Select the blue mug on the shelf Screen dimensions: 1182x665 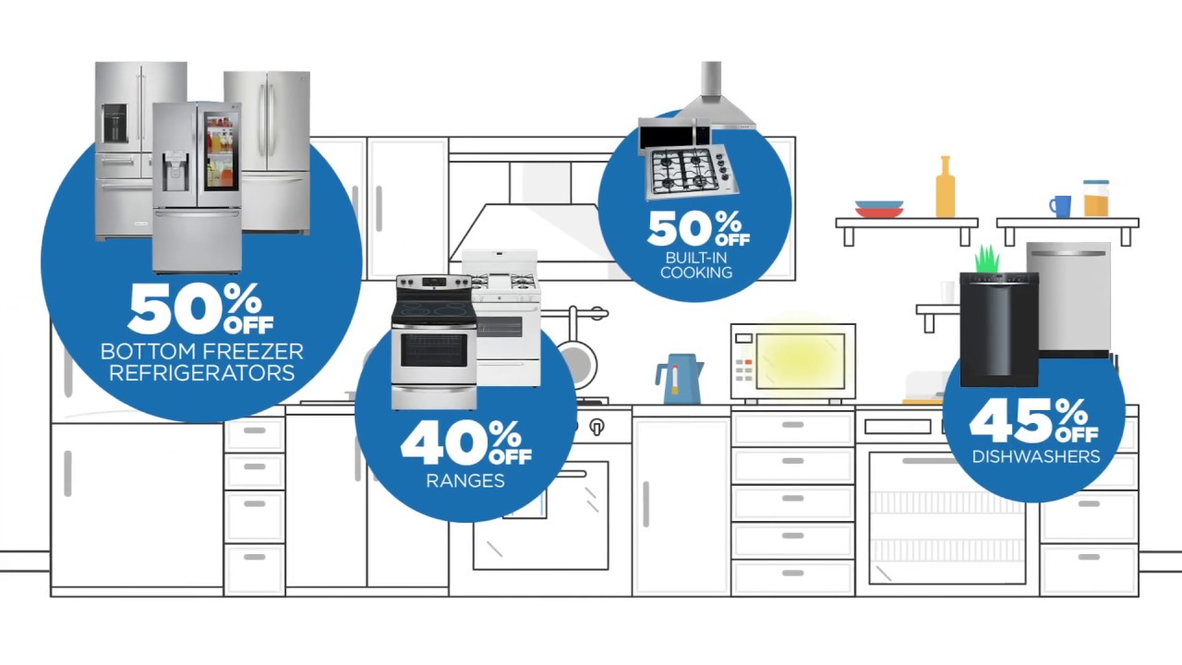(x=1060, y=206)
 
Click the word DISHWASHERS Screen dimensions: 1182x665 (x=1035, y=456)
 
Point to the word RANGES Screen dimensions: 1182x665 (x=465, y=480)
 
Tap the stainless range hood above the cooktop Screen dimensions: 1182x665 (x=713, y=97)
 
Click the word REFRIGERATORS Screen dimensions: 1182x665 (x=201, y=373)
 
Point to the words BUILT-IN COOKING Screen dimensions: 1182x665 (x=696, y=265)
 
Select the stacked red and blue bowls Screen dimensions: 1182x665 (x=879, y=209)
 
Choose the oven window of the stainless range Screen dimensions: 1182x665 (x=433, y=350)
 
